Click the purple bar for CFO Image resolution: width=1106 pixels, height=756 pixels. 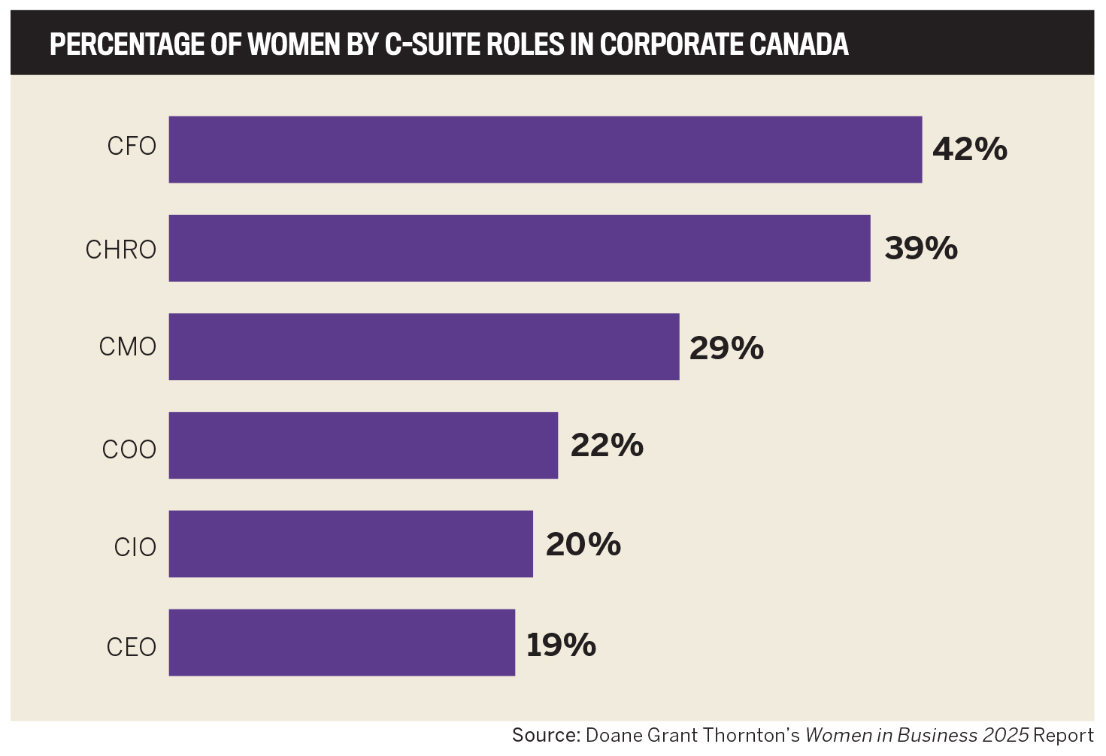tap(545, 150)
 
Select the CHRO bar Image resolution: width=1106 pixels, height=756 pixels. tap(519, 249)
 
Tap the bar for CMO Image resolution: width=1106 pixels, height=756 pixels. tap(423, 347)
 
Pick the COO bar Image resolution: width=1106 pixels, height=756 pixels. tap(363, 446)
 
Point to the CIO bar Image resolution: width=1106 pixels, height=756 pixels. tap(350, 544)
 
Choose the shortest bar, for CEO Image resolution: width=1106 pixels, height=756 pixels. tap(341, 643)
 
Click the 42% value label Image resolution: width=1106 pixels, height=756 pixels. tap(969, 150)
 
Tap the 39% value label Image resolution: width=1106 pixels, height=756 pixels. tap(921, 248)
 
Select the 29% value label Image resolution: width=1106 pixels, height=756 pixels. tap(726, 348)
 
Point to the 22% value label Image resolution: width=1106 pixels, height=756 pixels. tap(607, 445)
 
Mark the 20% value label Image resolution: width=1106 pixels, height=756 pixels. tap(583, 544)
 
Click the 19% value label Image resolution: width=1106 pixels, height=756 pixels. tap(561, 645)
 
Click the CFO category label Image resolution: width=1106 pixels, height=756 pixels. tap(132, 146)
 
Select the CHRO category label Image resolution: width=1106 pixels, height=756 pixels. tap(120, 249)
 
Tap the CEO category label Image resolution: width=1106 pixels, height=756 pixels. tap(131, 647)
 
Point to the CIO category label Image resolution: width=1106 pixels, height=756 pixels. tap(135, 547)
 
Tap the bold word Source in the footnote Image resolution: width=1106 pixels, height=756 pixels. tap(545, 735)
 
